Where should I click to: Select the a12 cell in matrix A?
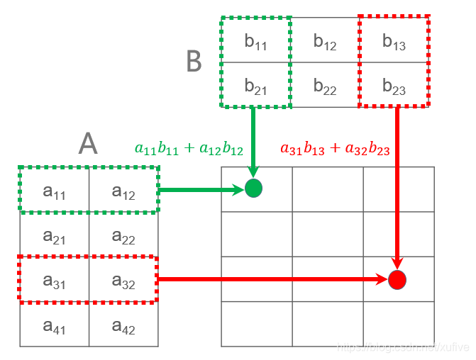click(x=123, y=190)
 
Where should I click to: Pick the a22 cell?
click(x=123, y=235)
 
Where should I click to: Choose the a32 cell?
click(x=123, y=281)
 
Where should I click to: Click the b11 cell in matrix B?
click(x=255, y=41)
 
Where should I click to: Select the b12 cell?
click(x=325, y=41)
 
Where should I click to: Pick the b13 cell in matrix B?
click(x=394, y=41)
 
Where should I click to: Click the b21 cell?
click(x=255, y=86)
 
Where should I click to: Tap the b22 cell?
click(x=325, y=86)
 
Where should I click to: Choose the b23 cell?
click(x=394, y=86)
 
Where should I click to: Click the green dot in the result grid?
click(x=253, y=189)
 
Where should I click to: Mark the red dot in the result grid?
click(x=397, y=279)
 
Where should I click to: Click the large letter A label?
click(x=87, y=145)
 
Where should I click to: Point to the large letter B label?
click(x=194, y=62)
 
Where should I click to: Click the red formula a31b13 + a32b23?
click(x=335, y=149)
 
